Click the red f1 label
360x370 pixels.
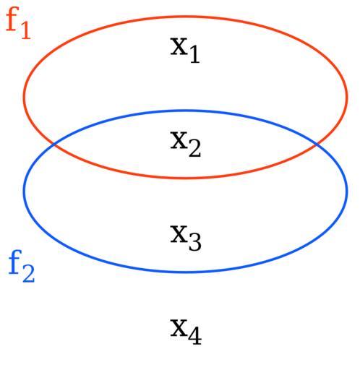pos(18,23)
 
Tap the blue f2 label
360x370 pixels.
pos(22,266)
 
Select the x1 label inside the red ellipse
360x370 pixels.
pos(185,50)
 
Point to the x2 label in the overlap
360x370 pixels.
pos(186,144)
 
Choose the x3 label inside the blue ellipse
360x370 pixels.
pos(186,238)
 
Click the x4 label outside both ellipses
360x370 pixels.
pos(186,332)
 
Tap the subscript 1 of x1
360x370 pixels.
pos(194,55)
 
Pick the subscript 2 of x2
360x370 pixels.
pos(194,149)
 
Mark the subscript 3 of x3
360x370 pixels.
pos(195,242)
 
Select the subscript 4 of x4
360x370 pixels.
pos(195,336)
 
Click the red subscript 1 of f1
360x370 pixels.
pos(26,30)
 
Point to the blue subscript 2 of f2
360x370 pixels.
pos(29,274)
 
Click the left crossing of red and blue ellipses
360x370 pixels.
pos(54,145)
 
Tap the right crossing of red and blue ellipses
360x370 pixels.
pos(317,144)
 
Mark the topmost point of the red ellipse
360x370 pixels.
pos(186,17)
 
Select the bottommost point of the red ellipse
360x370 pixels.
pos(186,178)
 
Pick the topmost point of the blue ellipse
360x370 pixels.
pos(186,111)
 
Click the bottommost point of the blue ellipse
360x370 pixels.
pos(186,272)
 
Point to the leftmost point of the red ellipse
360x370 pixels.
pos(24,96)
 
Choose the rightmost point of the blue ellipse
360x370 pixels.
pos(347,192)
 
